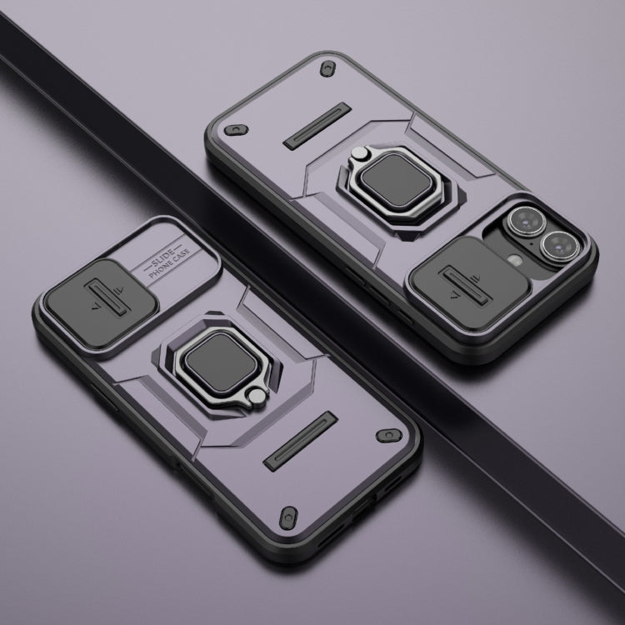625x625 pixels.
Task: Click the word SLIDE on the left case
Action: (162, 258)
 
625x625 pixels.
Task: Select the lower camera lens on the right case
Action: (560, 245)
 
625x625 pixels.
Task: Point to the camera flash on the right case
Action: (515, 260)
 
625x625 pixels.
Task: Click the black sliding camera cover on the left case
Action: (101, 303)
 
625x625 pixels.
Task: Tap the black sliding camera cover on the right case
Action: (470, 285)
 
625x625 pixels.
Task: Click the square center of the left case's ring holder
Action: (221, 362)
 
